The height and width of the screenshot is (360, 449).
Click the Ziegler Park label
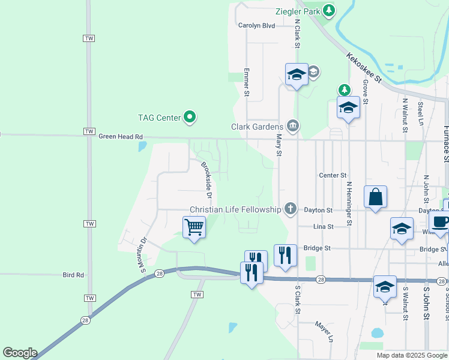[x=298, y=11]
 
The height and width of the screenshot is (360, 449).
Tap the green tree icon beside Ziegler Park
[x=329, y=10]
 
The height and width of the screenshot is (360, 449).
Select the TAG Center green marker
[x=190, y=117]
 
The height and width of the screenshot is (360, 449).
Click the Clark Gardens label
[x=257, y=127]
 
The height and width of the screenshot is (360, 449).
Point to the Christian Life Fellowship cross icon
[x=291, y=209]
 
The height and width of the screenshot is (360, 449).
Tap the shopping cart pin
[x=194, y=227]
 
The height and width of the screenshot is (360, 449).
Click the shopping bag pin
[x=375, y=197]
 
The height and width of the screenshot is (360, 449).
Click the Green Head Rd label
[x=121, y=137]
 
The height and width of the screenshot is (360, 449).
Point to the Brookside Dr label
[x=206, y=179]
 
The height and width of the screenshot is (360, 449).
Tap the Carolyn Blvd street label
[x=256, y=26]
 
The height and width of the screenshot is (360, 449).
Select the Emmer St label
[x=246, y=82]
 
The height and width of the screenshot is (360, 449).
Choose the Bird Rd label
[x=73, y=275]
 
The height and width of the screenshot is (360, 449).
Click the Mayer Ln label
[x=324, y=331]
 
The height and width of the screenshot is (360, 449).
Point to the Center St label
[x=333, y=175]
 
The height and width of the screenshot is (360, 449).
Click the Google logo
[x=20, y=353]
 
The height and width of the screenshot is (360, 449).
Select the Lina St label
[x=323, y=227]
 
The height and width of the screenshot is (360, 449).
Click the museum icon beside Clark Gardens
[x=292, y=125]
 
